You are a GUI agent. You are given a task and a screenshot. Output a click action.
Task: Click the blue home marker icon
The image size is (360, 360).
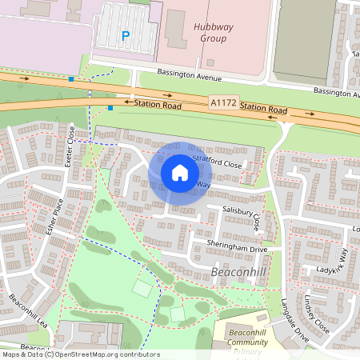179,172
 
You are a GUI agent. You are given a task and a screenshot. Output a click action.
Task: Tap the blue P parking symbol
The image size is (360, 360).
125,35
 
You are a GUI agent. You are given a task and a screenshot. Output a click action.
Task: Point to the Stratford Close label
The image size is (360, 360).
217,164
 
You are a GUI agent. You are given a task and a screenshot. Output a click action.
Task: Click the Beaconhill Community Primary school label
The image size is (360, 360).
247,340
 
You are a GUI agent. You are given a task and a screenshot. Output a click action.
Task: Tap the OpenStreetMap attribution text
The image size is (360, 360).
80,354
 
